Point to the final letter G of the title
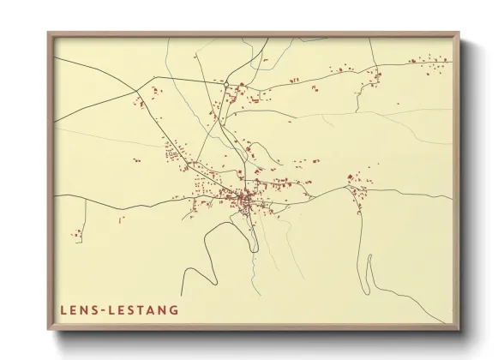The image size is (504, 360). click(x=175, y=309)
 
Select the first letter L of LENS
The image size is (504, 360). click(x=63, y=309)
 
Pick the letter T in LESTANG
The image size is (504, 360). click(x=140, y=309)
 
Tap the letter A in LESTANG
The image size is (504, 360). click(x=151, y=309)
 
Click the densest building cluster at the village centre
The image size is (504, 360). click(x=243, y=201)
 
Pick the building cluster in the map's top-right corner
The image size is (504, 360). click(x=429, y=61)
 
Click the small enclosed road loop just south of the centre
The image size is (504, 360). click(x=244, y=227)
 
